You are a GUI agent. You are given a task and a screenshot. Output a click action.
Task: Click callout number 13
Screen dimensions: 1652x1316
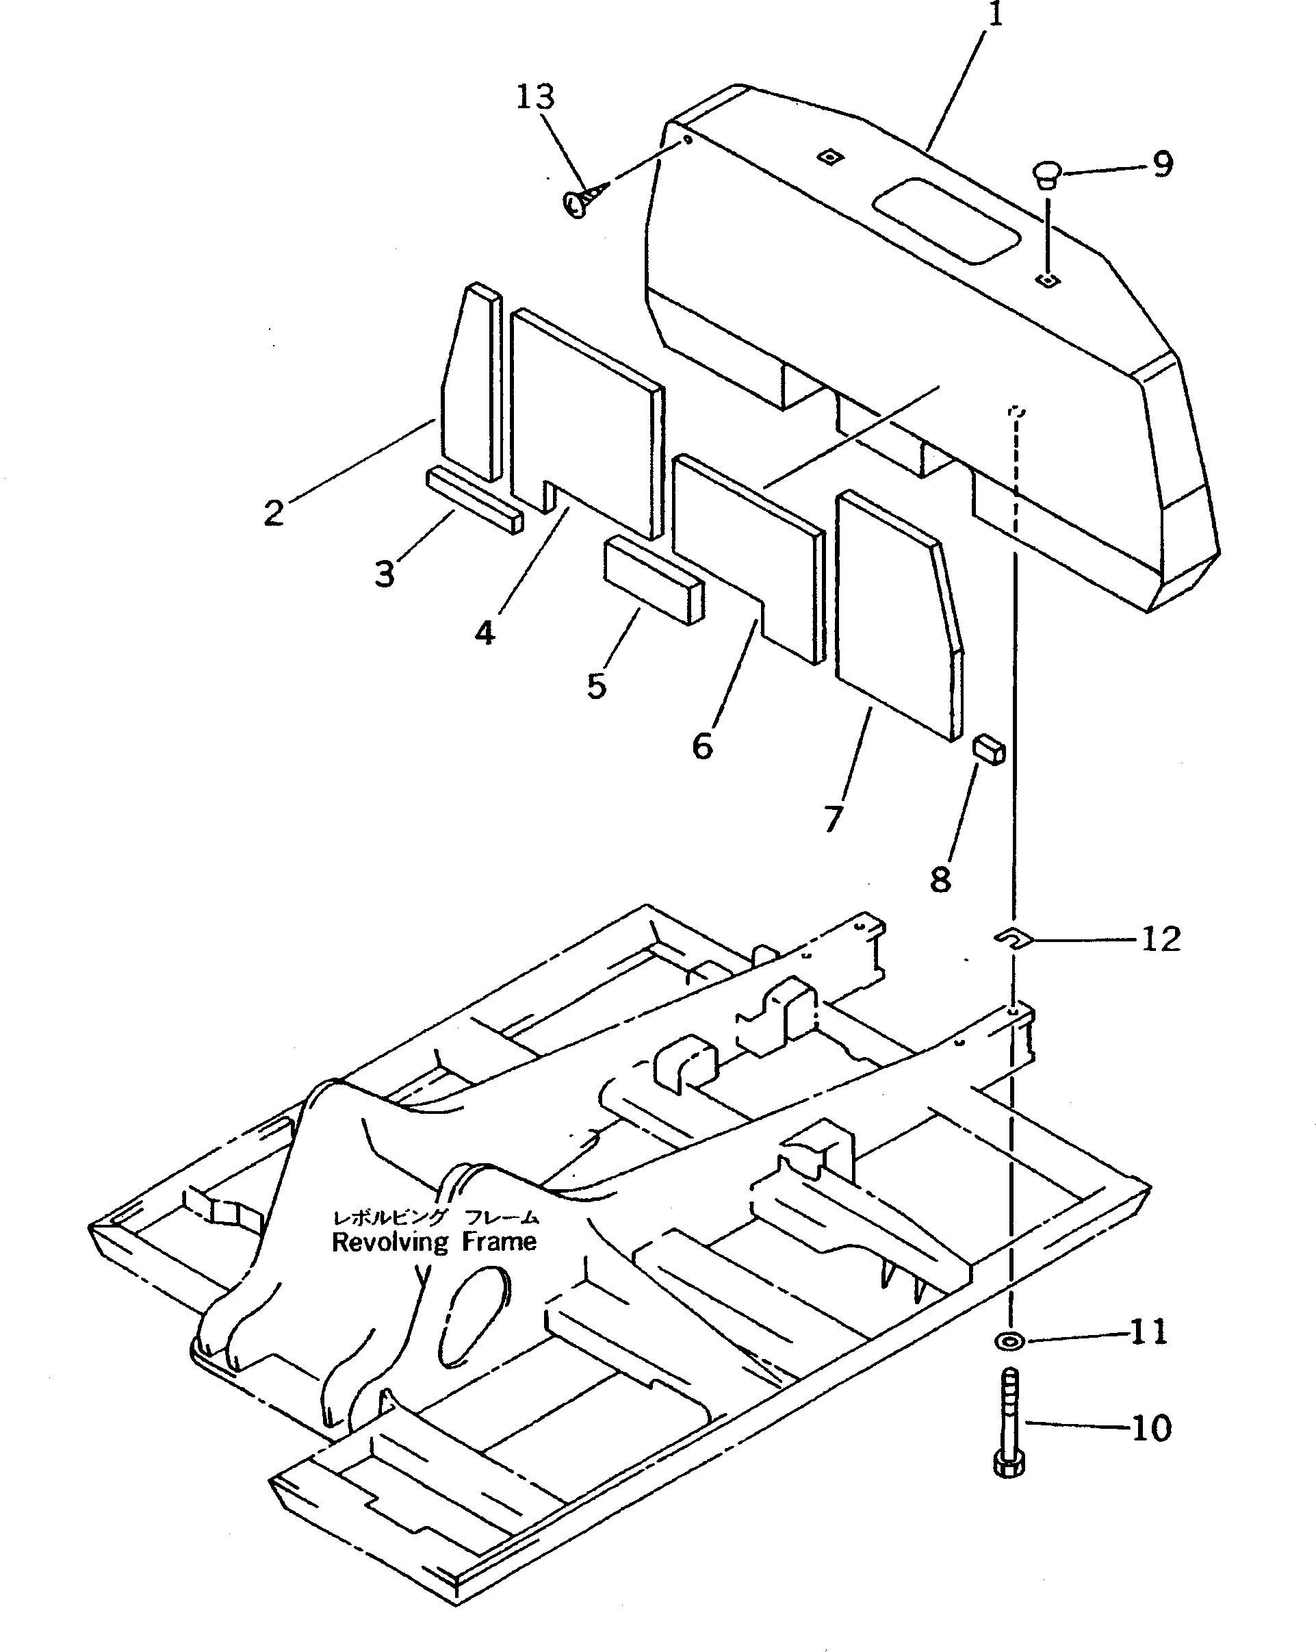click(x=534, y=97)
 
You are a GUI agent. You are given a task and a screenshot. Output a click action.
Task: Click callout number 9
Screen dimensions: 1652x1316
click(x=1162, y=164)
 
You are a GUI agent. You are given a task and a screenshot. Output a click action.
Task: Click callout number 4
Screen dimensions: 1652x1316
click(x=484, y=633)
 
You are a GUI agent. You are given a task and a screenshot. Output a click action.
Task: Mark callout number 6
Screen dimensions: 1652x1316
click(x=702, y=746)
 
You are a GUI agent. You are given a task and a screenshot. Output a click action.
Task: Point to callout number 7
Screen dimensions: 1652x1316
click(x=834, y=817)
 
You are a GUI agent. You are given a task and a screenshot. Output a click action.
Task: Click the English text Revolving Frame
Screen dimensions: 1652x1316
click(x=435, y=1242)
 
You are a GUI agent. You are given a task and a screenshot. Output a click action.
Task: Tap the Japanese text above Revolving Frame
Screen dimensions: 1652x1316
click(x=435, y=1217)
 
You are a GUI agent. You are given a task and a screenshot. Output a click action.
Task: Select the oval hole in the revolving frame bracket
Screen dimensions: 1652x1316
click(x=475, y=1314)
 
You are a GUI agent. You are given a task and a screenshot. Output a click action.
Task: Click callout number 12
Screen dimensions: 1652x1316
click(x=1161, y=939)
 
